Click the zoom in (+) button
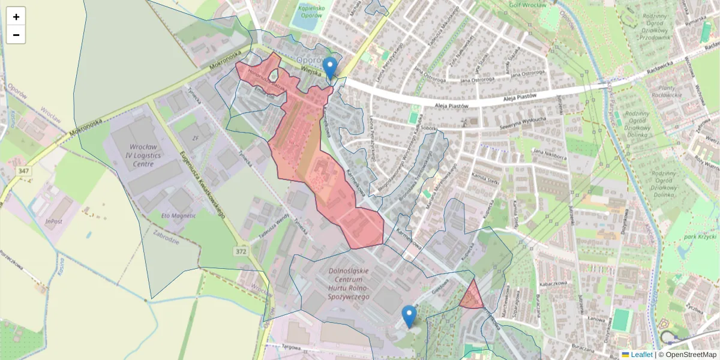pyautogui.click(x=16, y=17)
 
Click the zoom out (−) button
pyautogui.click(x=16, y=35)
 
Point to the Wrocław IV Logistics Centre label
pyautogui.click(x=135, y=154)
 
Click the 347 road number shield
pyautogui.click(x=24, y=172)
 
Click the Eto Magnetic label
pyautogui.click(x=179, y=215)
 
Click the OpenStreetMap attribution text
pyautogui.click(x=687, y=355)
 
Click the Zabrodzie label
pyautogui.click(x=166, y=236)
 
